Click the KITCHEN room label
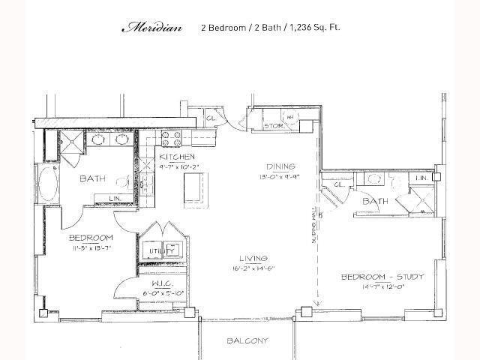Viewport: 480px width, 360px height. coord(176,157)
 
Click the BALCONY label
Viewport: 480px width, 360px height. coord(247,341)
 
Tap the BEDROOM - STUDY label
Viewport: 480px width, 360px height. coord(382,277)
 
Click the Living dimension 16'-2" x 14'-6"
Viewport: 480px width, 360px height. coord(252,267)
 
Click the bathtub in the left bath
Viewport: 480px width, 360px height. coord(46,184)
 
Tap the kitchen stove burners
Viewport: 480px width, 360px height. coord(169,139)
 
